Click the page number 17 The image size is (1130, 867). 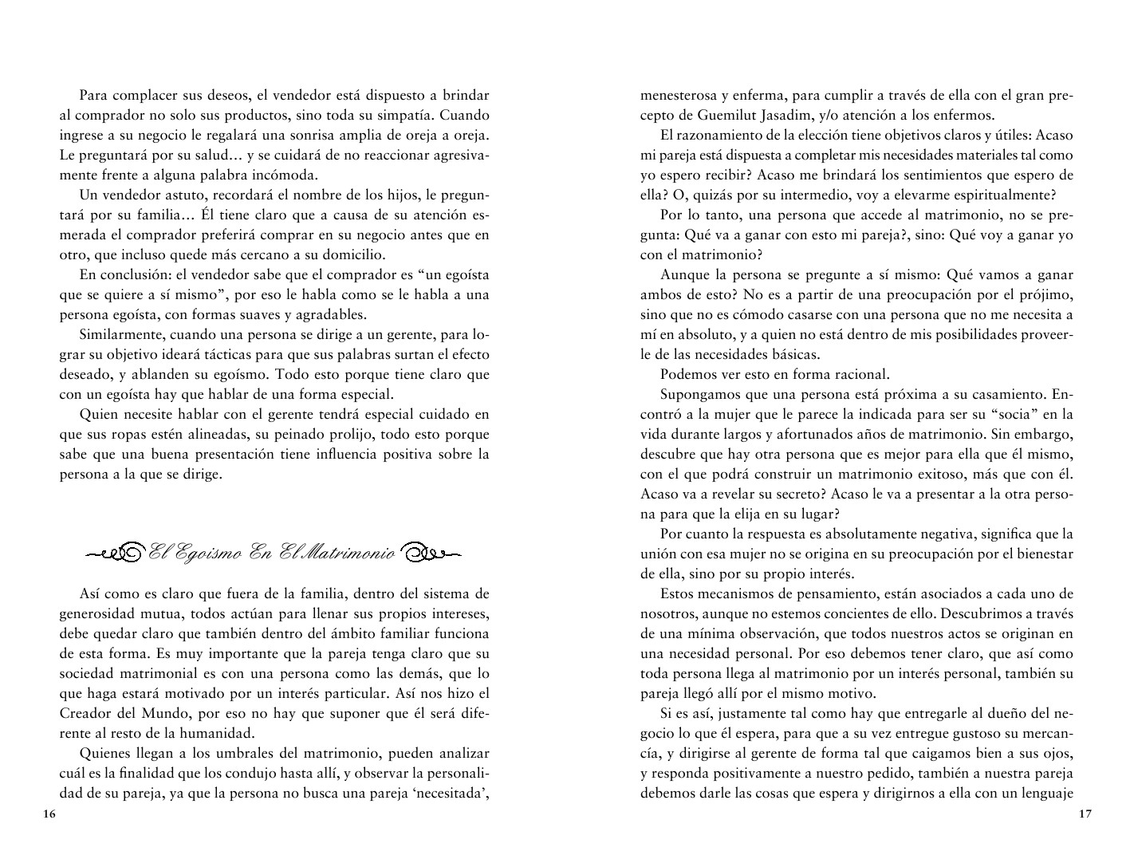1084,814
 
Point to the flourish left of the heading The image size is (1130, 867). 115,552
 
